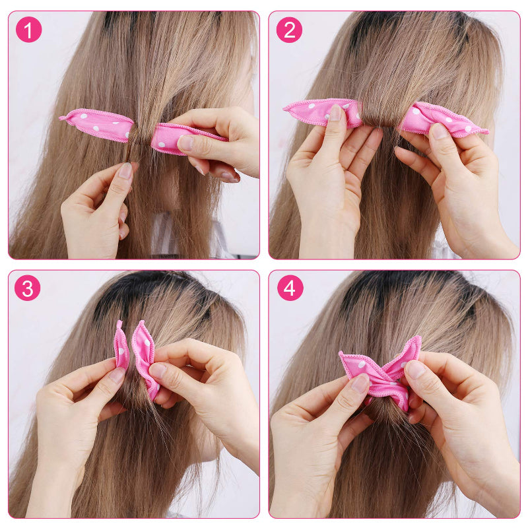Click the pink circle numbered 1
[28, 30]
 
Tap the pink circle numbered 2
[289, 30]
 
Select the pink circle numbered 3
[28, 288]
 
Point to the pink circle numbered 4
[290, 288]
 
